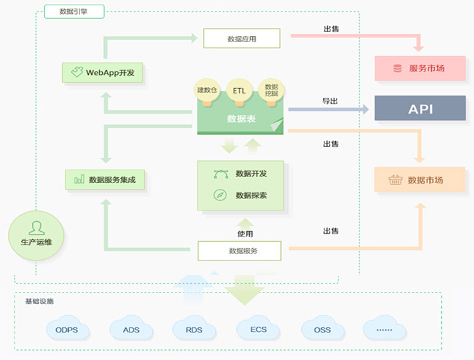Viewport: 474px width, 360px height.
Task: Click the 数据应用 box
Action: [x=241, y=39]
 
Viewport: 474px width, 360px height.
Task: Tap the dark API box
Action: [x=420, y=108]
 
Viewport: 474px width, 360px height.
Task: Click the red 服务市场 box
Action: [x=420, y=68]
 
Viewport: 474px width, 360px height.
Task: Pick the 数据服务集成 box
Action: [x=105, y=179]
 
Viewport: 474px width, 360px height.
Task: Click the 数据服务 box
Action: [x=242, y=251]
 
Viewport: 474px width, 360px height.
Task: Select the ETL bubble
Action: [x=239, y=89]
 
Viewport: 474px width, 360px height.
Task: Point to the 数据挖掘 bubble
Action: [x=271, y=89]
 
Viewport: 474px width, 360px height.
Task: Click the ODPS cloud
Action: [x=67, y=329]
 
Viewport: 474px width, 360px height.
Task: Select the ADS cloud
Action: [x=131, y=329]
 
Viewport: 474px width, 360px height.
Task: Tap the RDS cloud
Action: [x=194, y=329]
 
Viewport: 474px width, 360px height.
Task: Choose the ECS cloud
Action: [x=258, y=329]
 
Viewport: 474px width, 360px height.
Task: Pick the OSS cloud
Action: [x=322, y=329]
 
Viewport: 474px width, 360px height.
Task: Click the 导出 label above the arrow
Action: [x=330, y=101]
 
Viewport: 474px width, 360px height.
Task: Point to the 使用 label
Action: [x=245, y=234]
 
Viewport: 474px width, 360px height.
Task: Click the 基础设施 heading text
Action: [x=39, y=301]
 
